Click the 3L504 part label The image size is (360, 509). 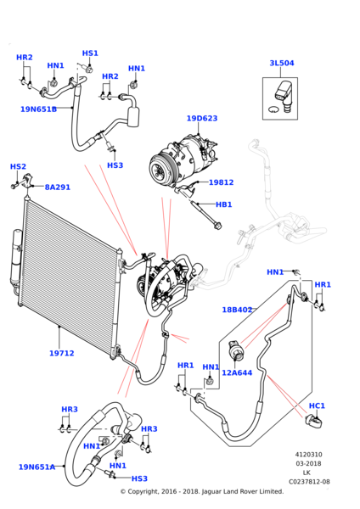282,63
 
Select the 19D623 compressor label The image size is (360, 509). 202,118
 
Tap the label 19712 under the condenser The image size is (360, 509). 62,353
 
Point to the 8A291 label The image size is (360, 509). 58,187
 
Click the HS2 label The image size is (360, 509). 18,166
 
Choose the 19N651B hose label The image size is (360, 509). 39,109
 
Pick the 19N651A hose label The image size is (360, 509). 37,467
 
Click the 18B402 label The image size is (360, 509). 237,310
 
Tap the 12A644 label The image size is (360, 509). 237,372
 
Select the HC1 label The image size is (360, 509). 317,406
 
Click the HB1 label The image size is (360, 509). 224,204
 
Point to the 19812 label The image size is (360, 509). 221,182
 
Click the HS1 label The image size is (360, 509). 90,53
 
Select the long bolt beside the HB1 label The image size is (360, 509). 206,215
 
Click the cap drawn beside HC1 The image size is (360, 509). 314,422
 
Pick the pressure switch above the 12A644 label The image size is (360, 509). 236,350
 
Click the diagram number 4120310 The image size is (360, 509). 309,455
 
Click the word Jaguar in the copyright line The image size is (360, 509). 212,492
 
